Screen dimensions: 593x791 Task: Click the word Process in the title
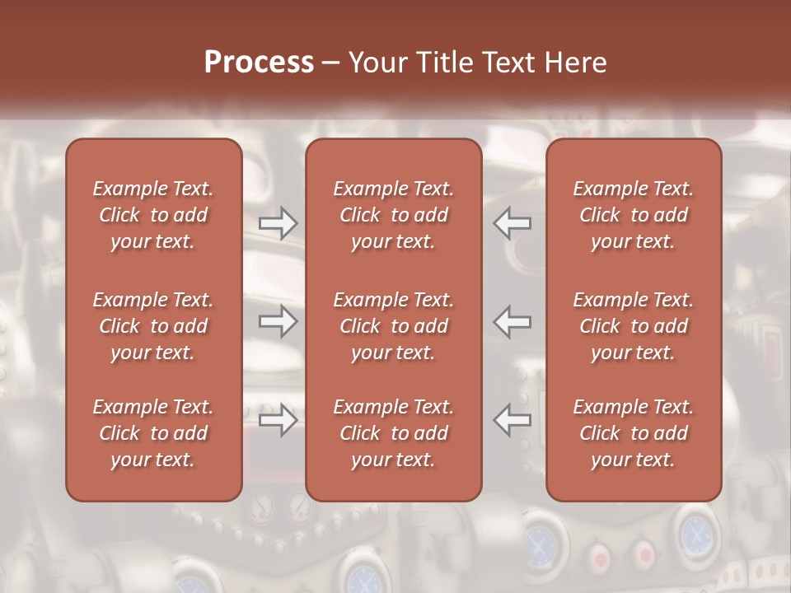[259, 63]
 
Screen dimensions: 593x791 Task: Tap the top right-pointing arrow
[278, 223]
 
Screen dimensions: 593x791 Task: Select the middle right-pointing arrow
[278, 321]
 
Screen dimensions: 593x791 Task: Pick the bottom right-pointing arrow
[278, 420]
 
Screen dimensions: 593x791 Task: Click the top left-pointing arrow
[513, 223]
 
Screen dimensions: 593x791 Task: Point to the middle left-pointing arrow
[513, 321]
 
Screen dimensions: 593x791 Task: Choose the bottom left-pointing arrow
[513, 420]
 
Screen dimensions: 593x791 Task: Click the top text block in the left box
[153, 215]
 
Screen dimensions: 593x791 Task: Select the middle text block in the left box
[153, 326]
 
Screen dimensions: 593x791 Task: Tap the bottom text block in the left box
[153, 433]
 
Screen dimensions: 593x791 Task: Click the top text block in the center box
[394, 215]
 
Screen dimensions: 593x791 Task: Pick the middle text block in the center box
[394, 326]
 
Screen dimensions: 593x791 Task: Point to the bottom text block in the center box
[394, 433]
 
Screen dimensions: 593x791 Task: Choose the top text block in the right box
[634, 215]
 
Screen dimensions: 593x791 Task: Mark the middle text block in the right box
[634, 326]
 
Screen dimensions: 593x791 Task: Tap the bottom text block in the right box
[634, 433]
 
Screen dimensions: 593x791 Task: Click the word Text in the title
[506, 63]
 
